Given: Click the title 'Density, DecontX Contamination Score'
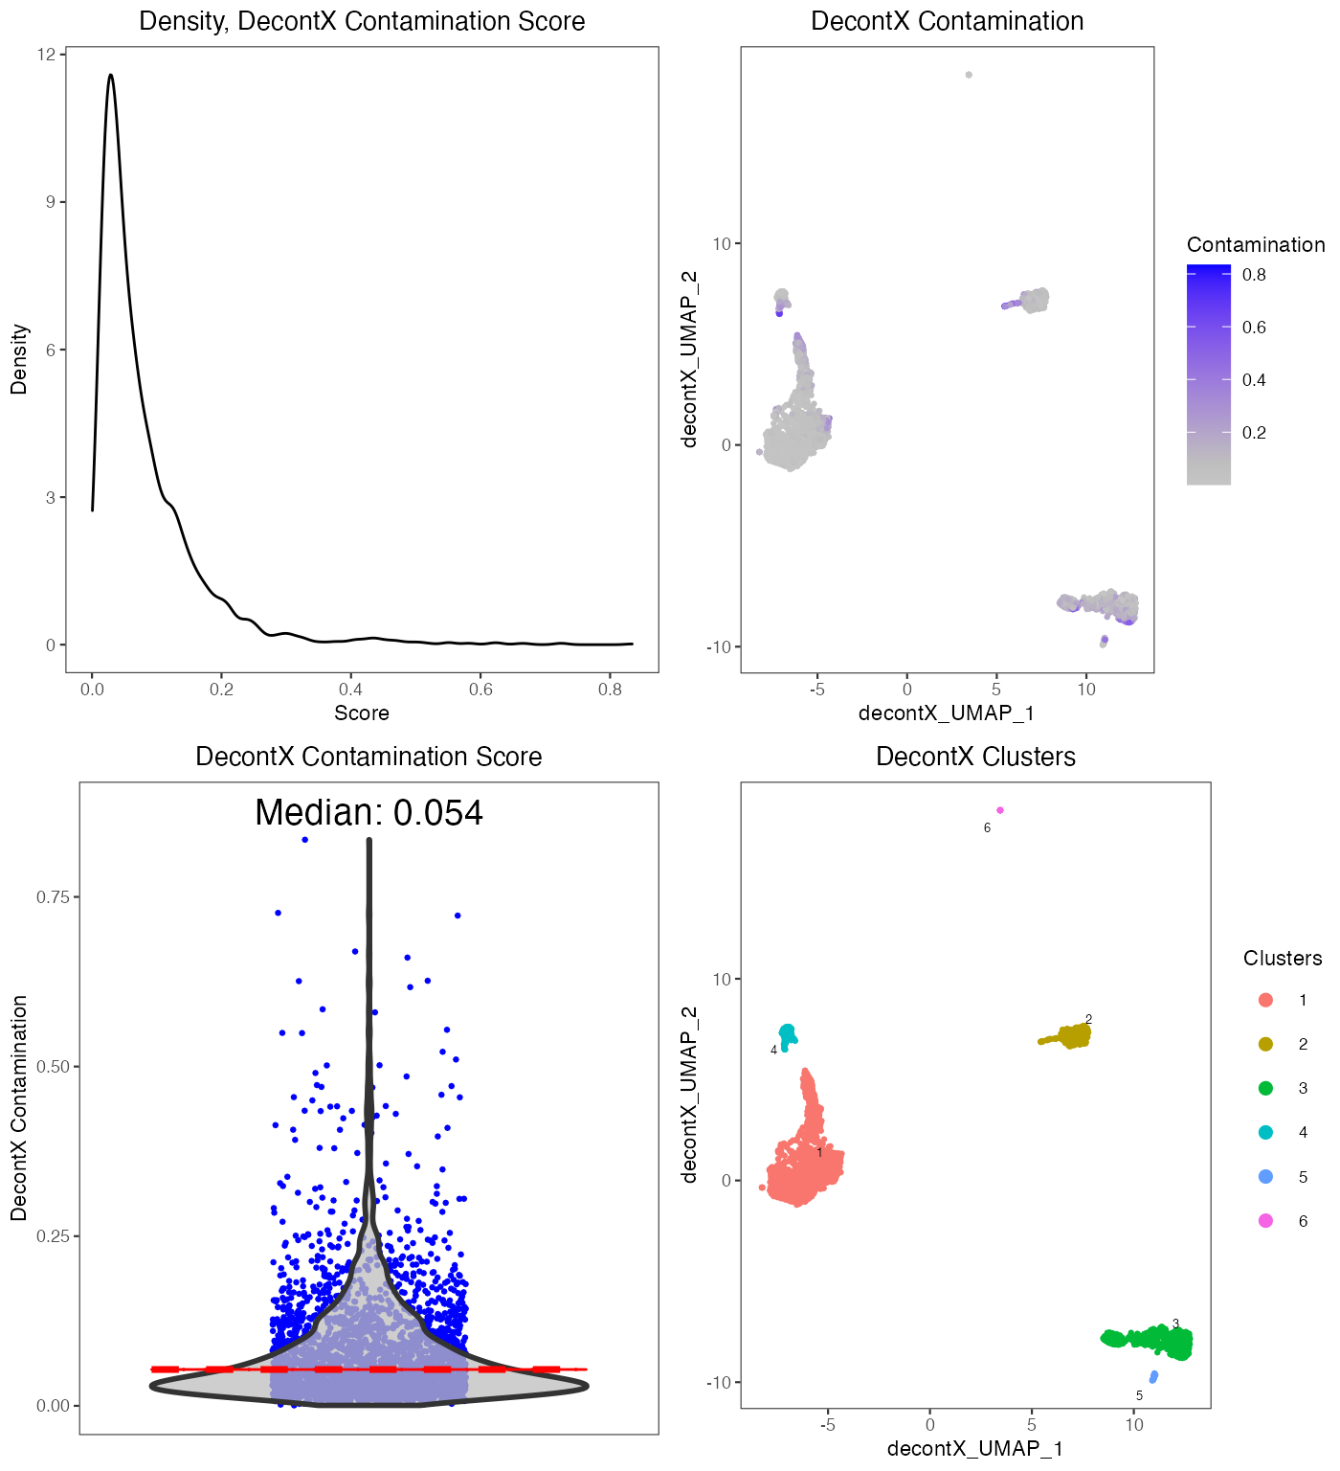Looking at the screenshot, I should pos(362,21).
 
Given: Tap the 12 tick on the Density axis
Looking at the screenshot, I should pos(46,55).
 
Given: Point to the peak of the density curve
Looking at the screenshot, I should pos(111,75).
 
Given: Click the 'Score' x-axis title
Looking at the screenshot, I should pos(362,713).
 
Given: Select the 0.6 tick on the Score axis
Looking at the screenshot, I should pos(480,689).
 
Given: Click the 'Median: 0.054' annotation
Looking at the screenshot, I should pos(368,812).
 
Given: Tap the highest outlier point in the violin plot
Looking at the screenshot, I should pos(304,839).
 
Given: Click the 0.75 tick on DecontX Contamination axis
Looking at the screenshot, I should pos(53,897).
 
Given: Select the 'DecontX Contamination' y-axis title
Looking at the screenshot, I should pos(19,1107).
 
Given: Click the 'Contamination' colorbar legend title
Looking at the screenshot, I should pos(1256,244).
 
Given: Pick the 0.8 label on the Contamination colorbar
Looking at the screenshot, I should pos(1254,275).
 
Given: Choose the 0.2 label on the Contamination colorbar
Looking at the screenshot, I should pos(1254,433).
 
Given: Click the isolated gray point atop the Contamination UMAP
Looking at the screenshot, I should pos(969,75).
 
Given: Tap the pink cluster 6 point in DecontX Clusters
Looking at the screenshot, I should pos(1000,810).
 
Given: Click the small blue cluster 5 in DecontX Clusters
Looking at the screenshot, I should pos(1153,1376).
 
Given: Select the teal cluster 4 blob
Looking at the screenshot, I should pos(788,1034).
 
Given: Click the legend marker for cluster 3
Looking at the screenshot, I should pos(1265,1088).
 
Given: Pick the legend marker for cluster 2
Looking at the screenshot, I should pos(1265,1044).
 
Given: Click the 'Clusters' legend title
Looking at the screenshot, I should pos(1282,958).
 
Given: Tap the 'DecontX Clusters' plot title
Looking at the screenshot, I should pos(975,757).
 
